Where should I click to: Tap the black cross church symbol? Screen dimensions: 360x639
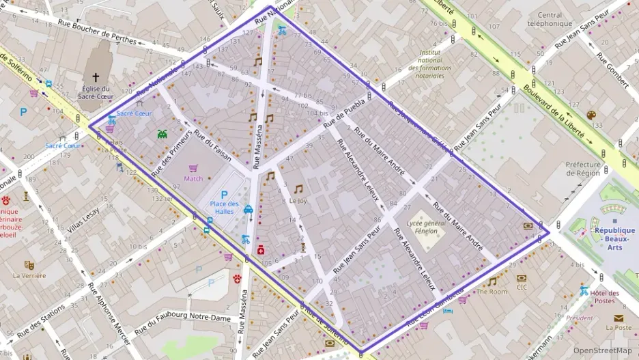96,77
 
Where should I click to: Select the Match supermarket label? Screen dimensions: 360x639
193,178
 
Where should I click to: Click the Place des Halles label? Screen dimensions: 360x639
224,208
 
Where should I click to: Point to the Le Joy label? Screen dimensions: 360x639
298,201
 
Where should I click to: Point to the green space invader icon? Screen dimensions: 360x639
162,135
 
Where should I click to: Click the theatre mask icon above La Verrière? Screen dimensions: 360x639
29,265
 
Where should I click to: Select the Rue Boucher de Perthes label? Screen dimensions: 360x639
98,31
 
